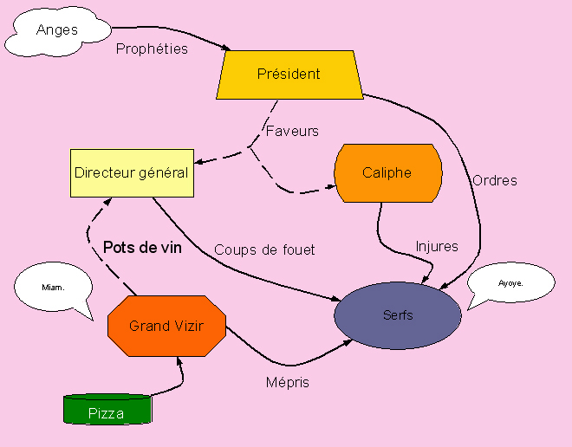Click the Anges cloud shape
click(x=56, y=30)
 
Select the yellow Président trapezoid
click(x=289, y=74)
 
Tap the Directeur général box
click(x=131, y=172)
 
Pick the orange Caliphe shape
click(x=387, y=172)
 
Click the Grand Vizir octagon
click(x=166, y=326)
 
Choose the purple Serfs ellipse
click(x=398, y=315)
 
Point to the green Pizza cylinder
click(x=107, y=410)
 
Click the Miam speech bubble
click(x=53, y=287)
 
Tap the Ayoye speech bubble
click(x=510, y=283)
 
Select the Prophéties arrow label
click(x=152, y=49)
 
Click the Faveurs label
click(x=292, y=132)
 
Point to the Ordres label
click(x=495, y=180)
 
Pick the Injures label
click(x=437, y=246)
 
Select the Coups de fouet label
click(x=264, y=249)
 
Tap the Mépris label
click(x=287, y=382)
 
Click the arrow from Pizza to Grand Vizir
click(x=176, y=378)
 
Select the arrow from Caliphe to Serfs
click(x=381, y=238)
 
